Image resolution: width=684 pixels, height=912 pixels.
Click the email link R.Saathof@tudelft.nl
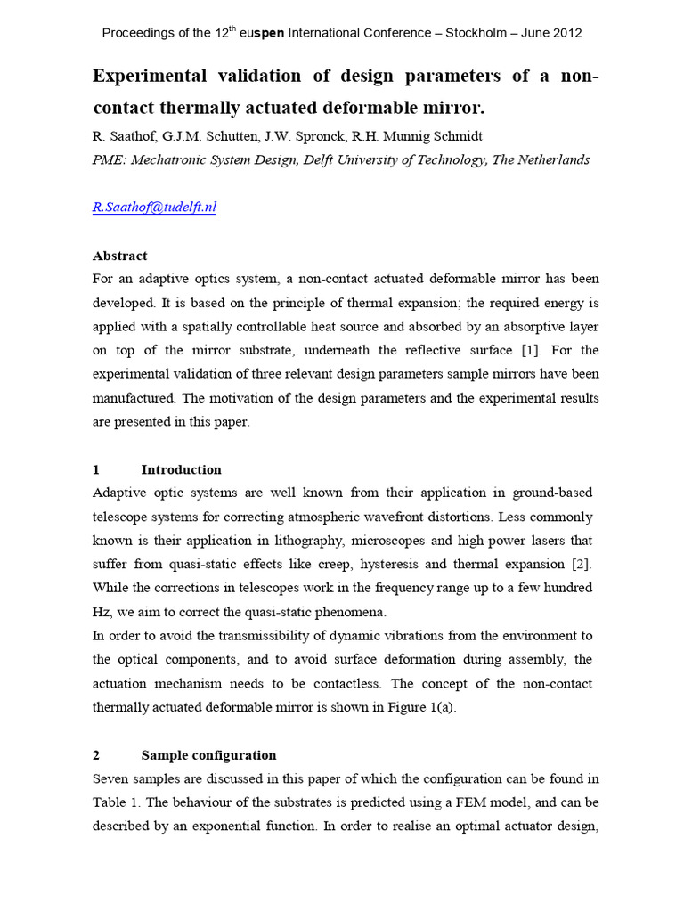coord(154,208)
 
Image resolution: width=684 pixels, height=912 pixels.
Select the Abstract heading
coord(119,256)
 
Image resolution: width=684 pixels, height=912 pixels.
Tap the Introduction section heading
coord(181,469)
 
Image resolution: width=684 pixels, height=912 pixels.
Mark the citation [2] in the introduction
coord(580,564)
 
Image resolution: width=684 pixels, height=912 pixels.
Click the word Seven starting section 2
coord(111,778)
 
